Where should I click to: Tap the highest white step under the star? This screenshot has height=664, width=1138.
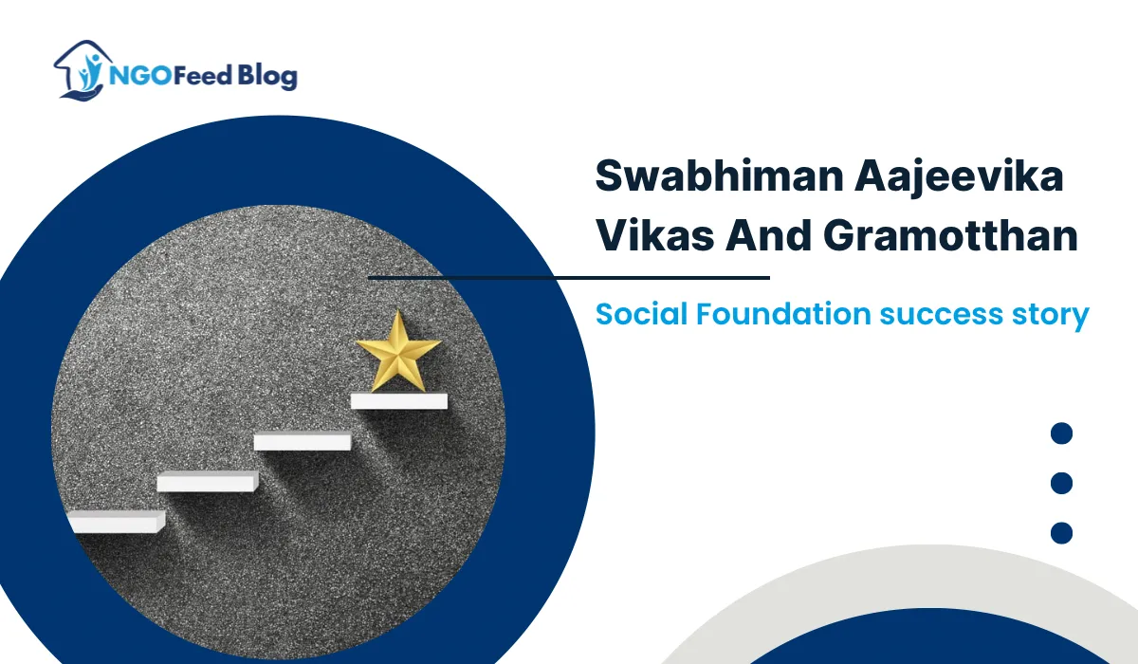coord(398,401)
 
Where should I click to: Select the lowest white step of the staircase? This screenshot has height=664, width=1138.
coord(117,522)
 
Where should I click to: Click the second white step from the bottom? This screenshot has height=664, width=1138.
coord(208,482)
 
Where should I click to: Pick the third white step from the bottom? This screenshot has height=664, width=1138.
coord(303,441)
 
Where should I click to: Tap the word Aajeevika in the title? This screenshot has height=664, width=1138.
coord(984,178)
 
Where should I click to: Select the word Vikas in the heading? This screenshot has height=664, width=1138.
coord(654,235)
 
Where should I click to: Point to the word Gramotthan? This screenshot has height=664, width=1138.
coord(956,235)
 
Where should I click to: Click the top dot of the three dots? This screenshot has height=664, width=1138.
coord(1062,434)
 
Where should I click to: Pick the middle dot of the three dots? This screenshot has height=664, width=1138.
coord(1062,484)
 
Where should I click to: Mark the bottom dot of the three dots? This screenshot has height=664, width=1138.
coord(1062,533)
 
